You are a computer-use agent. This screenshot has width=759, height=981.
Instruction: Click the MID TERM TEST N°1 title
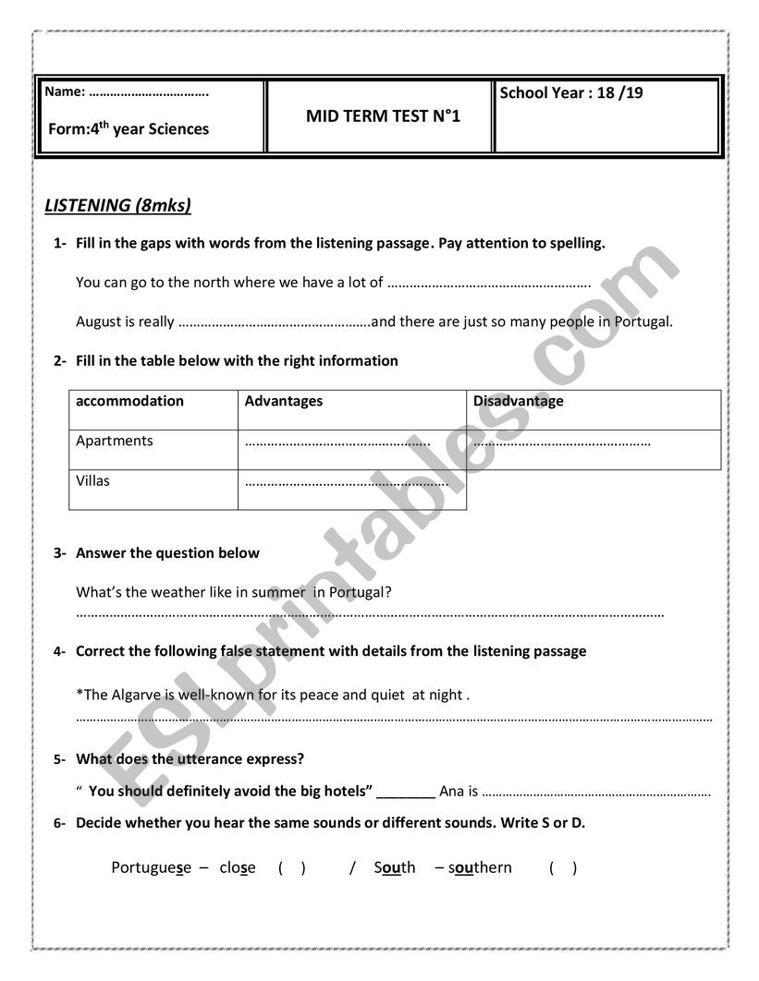pyautogui.click(x=382, y=116)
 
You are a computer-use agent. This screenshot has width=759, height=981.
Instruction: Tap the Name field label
pyautogui.click(x=64, y=91)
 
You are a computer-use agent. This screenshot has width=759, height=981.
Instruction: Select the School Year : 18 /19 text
pyautogui.click(x=570, y=92)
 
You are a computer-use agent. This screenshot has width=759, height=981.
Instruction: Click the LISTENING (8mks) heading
pyautogui.click(x=117, y=205)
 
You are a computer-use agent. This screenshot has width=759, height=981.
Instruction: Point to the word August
pyautogui.click(x=99, y=321)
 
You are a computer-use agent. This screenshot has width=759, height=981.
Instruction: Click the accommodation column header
pyautogui.click(x=129, y=401)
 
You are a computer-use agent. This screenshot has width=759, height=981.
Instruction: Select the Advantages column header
pyautogui.click(x=284, y=401)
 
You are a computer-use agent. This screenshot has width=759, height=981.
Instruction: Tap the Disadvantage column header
pyautogui.click(x=518, y=401)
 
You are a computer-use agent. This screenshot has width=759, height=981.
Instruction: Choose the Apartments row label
pyautogui.click(x=115, y=441)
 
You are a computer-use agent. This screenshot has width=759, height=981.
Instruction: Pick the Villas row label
pyautogui.click(x=92, y=480)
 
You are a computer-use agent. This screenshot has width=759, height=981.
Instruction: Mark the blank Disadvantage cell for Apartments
pyautogui.click(x=563, y=442)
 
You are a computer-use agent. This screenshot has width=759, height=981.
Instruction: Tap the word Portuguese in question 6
pyautogui.click(x=151, y=867)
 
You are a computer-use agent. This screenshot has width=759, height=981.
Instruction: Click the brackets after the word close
pyautogui.click(x=291, y=867)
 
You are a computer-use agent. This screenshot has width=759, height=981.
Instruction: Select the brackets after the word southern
pyautogui.click(x=562, y=867)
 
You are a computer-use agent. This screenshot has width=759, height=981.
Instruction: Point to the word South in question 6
pyautogui.click(x=395, y=867)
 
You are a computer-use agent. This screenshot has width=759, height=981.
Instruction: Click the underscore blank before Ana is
pyautogui.click(x=406, y=791)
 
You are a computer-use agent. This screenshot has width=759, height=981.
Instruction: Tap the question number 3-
pyautogui.click(x=60, y=553)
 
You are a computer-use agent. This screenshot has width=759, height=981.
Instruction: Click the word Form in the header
pyautogui.click(x=67, y=129)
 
